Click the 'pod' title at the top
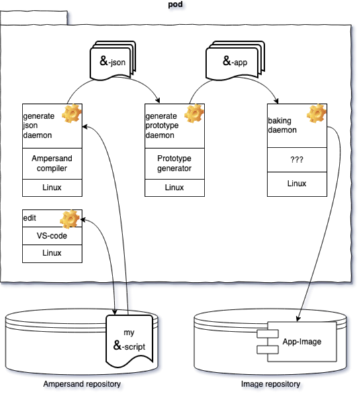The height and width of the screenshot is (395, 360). click(175, 5)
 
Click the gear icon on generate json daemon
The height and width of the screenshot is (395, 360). click(71, 114)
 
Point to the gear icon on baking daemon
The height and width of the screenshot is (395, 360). click(316, 114)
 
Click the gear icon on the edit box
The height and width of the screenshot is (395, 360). click(70, 218)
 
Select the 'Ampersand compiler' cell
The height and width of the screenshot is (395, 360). click(52, 163)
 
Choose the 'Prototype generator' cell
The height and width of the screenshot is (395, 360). click(175, 163)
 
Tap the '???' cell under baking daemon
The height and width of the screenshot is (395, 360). click(297, 159)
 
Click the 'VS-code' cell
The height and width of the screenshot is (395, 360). click(52, 236)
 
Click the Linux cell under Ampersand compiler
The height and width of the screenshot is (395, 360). click(52, 188)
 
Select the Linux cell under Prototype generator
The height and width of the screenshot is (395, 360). click(175, 188)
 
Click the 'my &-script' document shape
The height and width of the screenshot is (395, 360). click(130, 340)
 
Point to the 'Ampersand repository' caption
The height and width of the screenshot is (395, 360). click(82, 384)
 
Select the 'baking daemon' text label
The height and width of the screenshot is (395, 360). click(284, 126)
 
